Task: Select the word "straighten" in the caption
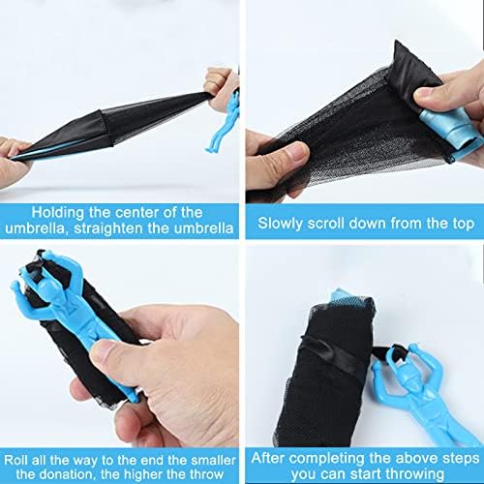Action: (x=108, y=228)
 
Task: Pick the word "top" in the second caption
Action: (x=464, y=225)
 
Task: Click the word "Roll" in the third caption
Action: (x=16, y=460)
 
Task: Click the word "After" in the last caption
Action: (x=268, y=458)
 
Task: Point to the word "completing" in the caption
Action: (x=327, y=459)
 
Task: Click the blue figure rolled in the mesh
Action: (x=452, y=133)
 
